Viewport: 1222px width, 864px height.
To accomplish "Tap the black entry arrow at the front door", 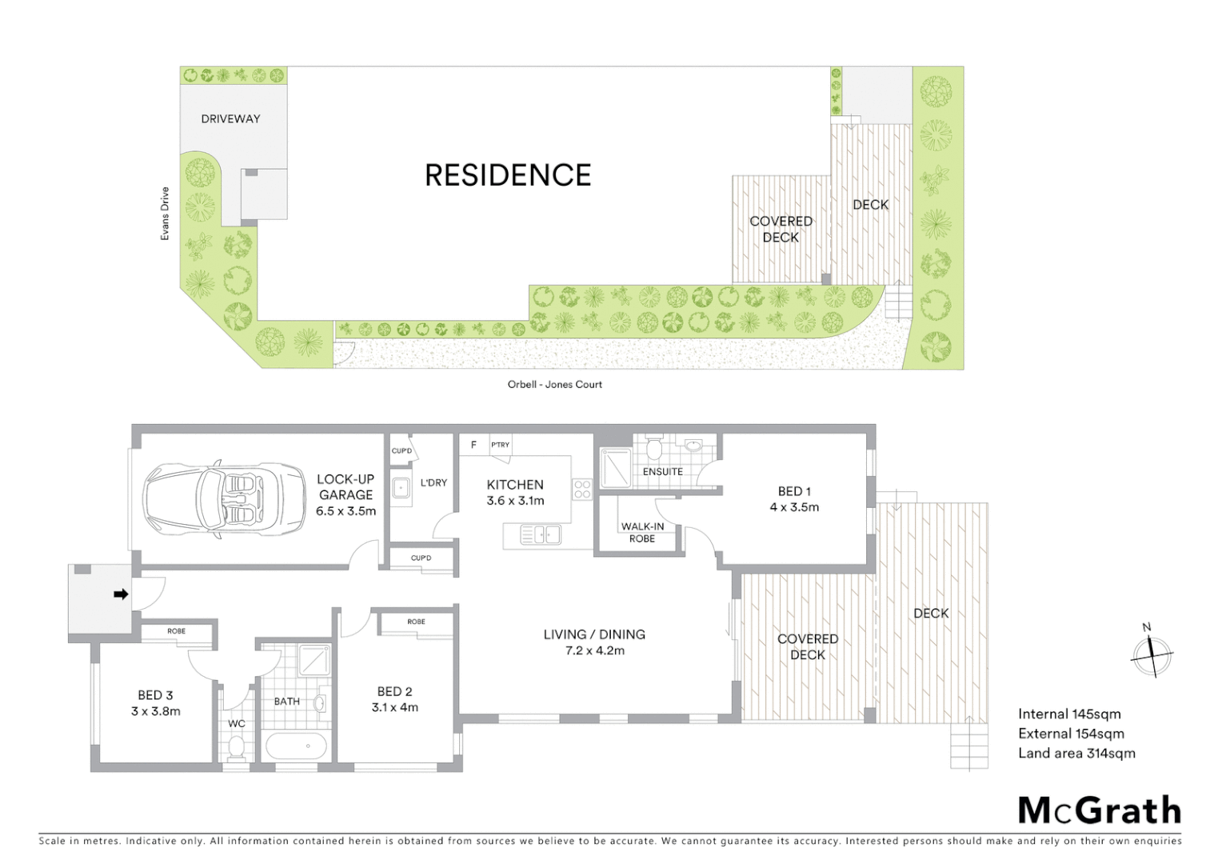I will [121, 594].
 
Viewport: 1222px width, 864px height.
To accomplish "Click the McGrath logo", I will [1099, 810].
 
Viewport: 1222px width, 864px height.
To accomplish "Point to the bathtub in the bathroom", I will [296, 746].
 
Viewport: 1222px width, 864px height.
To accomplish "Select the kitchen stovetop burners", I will [581, 490].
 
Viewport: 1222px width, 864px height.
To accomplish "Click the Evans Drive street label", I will [165, 214].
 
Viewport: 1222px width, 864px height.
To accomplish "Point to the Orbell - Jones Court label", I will [554, 385].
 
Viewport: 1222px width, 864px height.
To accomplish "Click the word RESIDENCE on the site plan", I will [508, 175].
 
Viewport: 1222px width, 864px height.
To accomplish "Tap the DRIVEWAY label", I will [230, 119].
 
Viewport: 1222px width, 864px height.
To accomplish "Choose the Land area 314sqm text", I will [1076, 754].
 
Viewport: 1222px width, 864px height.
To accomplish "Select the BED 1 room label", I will [794, 491].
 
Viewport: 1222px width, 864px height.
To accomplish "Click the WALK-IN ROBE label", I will [642, 532].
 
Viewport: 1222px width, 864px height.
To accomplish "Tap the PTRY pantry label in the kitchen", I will [501, 445].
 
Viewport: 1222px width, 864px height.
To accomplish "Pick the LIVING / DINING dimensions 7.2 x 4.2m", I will [595, 651].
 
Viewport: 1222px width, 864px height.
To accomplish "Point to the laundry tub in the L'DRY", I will [401, 486].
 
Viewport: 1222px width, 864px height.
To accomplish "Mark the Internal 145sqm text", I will [1069, 714].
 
